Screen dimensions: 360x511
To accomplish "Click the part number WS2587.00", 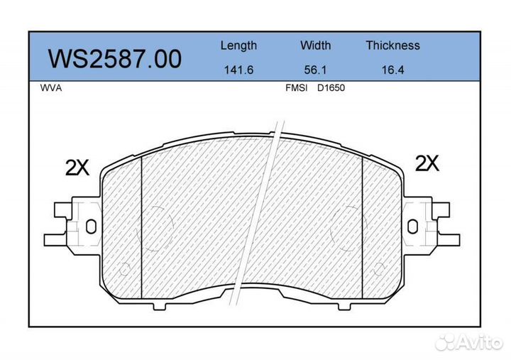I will pyautogui.click(x=114, y=58).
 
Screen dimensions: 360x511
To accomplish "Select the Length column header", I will pyautogui.click(x=238, y=45).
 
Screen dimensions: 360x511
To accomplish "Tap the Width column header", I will pyautogui.click(x=315, y=45).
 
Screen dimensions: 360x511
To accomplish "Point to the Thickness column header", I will pyautogui.click(x=392, y=45).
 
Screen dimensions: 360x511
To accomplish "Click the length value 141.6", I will pyautogui.click(x=238, y=71).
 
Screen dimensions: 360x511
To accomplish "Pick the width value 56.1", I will pyautogui.click(x=315, y=71).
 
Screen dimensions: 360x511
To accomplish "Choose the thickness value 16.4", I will pyautogui.click(x=392, y=71).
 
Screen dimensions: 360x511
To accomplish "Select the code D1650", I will pyautogui.click(x=330, y=90).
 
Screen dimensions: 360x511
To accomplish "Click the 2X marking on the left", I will pyautogui.click(x=77, y=168).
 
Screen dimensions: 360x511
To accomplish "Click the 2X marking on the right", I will pyautogui.click(x=427, y=164).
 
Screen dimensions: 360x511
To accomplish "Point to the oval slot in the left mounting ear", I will pyautogui.click(x=90, y=226).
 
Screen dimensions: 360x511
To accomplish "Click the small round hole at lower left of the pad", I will pyautogui.click(x=126, y=268).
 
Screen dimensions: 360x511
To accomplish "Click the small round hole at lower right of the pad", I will pyautogui.click(x=380, y=268).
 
